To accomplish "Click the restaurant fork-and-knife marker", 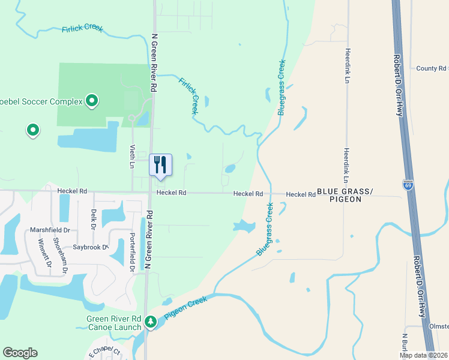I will tap(160, 164).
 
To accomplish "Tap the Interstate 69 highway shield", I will tap(408, 185).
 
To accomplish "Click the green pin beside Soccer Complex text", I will tap(92, 101).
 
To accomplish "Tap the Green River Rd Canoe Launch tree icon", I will tap(150, 323).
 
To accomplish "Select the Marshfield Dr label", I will tap(50, 230).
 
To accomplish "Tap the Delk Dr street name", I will tap(93, 218).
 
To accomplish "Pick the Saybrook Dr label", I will tap(90, 247).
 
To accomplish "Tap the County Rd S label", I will tap(432, 68).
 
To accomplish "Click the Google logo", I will tap(20, 353).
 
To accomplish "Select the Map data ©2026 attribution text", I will tap(424, 355).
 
